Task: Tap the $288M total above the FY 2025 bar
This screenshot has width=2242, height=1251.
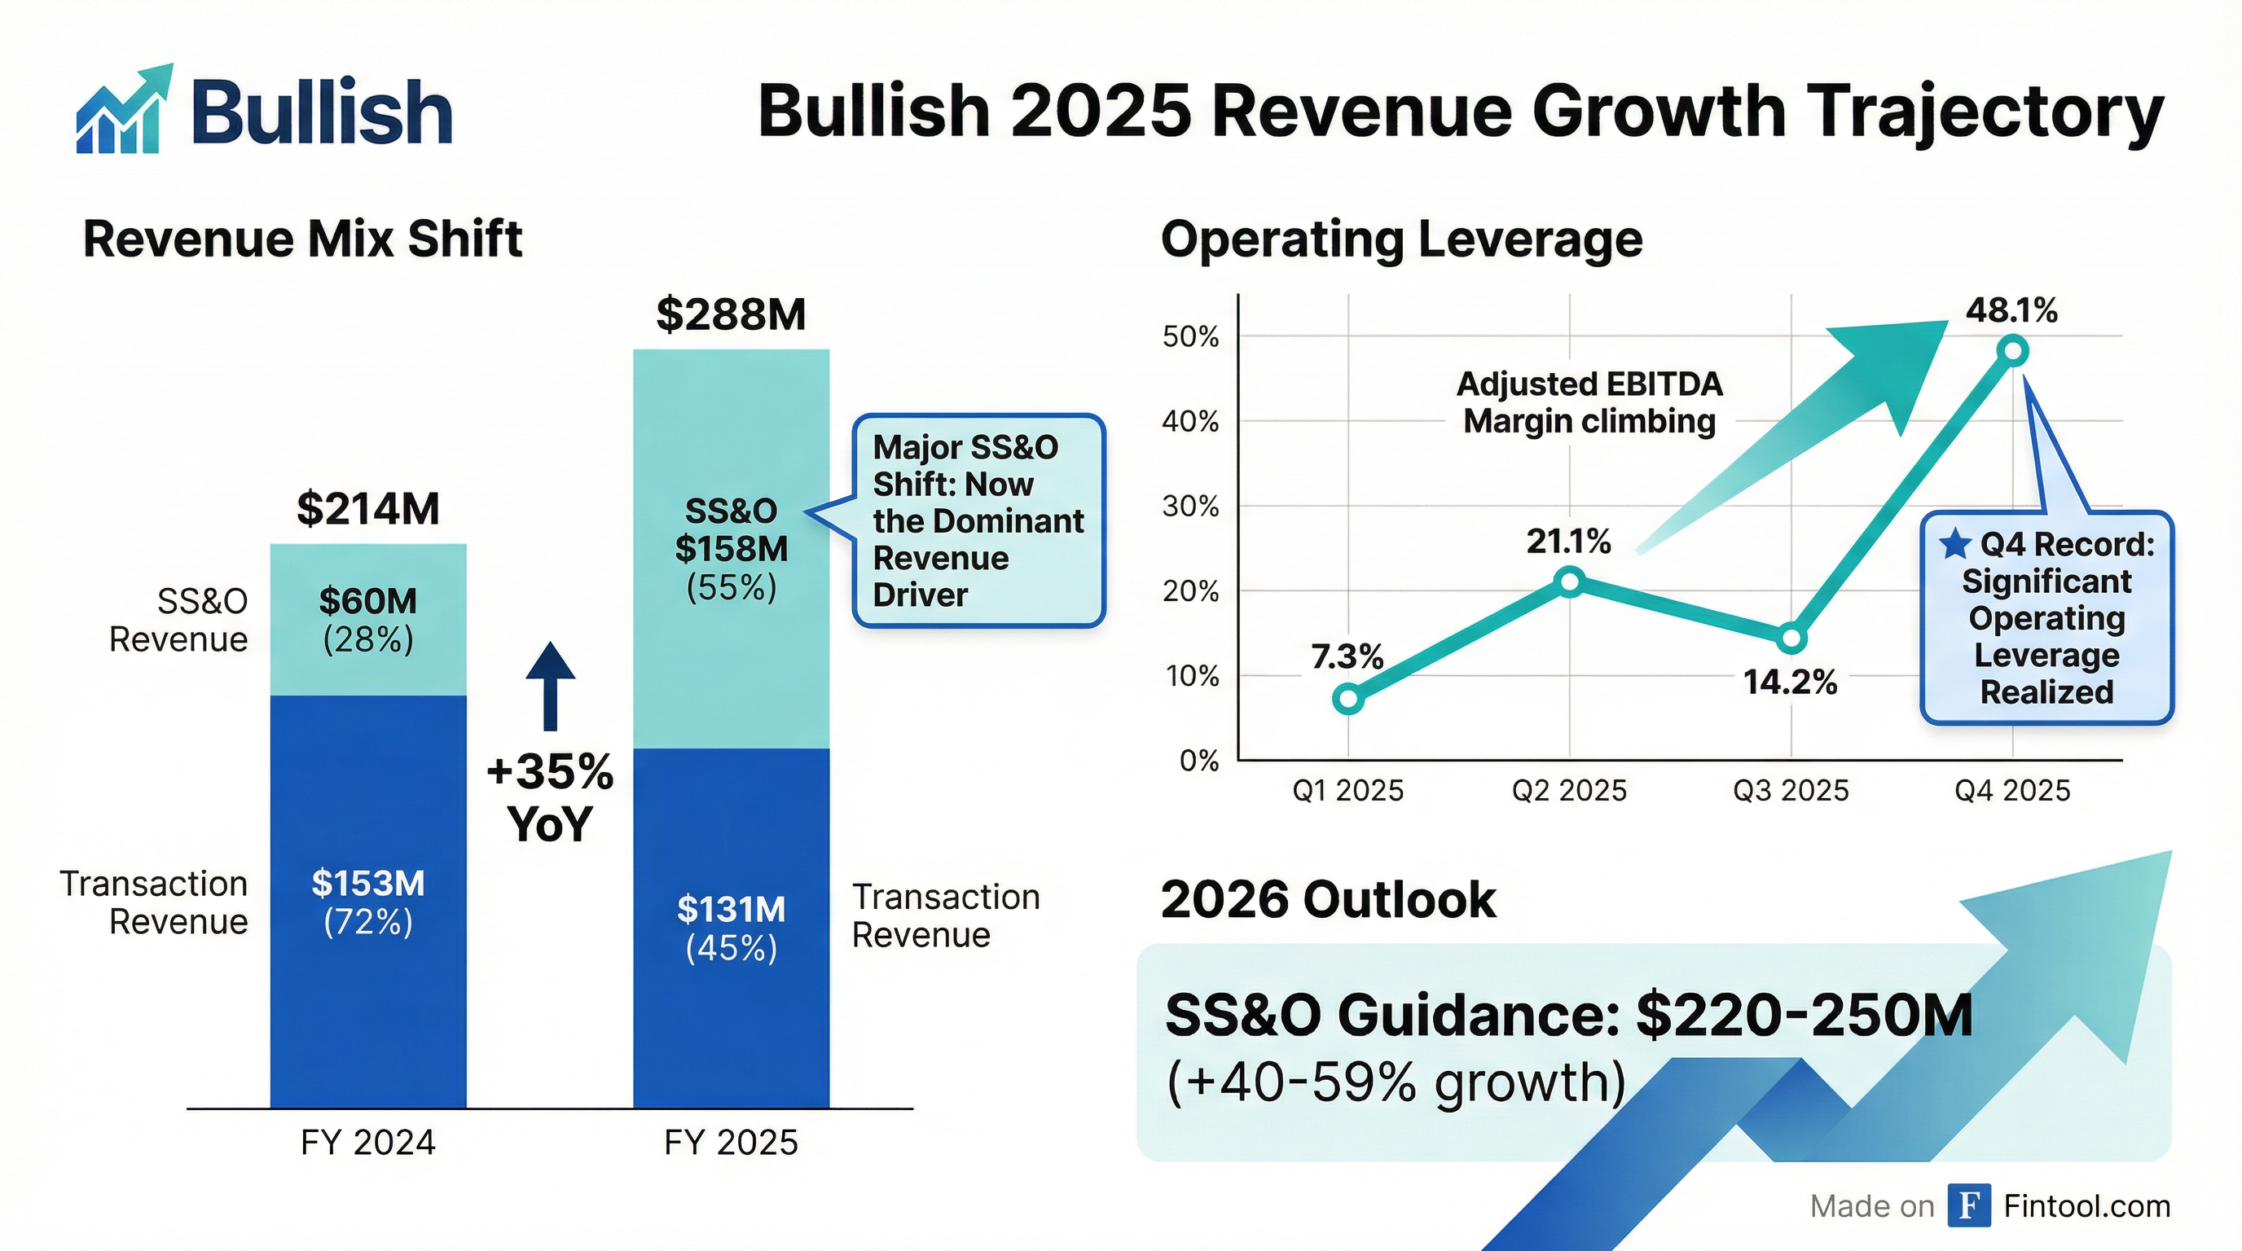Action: [730, 314]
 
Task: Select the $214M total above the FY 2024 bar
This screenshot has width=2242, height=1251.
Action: [367, 509]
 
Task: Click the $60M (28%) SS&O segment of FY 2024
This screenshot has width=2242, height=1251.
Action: [367, 620]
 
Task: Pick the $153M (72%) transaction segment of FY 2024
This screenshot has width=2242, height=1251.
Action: [367, 902]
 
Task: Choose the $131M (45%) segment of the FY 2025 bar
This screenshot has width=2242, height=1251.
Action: [730, 928]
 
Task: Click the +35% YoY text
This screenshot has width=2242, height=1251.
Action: [550, 797]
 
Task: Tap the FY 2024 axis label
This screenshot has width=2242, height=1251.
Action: [367, 1142]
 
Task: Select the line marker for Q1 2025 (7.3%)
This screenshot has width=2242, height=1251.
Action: [1348, 699]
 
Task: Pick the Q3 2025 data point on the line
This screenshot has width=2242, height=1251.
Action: [1791, 639]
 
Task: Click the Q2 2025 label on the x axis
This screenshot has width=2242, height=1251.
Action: [1569, 791]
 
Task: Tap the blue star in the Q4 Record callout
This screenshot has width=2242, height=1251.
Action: [1954, 544]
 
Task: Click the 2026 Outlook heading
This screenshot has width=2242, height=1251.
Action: [1328, 899]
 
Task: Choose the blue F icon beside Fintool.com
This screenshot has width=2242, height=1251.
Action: [1970, 1205]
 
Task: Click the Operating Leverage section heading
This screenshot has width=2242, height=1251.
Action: [1401, 239]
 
